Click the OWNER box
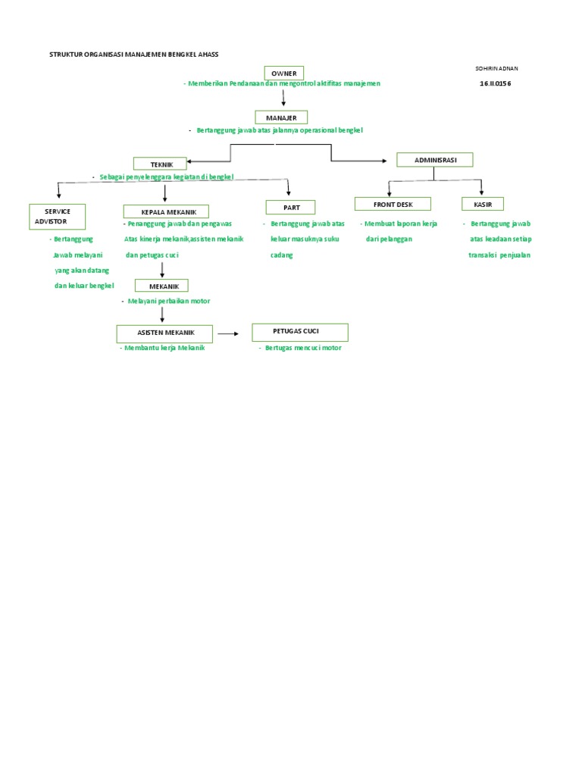tap(284, 73)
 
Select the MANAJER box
tap(281, 117)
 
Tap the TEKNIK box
tap(159, 164)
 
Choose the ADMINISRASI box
tap(434, 159)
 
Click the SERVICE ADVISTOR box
tap(57, 216)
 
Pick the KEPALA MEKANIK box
tap(165, 211)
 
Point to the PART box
tap(290, 207)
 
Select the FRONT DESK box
tap(392, 204)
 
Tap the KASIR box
tap(483, 204)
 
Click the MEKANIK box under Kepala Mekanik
tap(161, 286)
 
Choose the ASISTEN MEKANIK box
tap(165, 333)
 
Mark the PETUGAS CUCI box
tap(300, 332)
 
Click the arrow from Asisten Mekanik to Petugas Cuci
tap(228, 333)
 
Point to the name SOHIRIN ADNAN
tap(496, 68)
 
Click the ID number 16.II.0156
tap(495, 83)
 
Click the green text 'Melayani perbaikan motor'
tap(169, 301)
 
